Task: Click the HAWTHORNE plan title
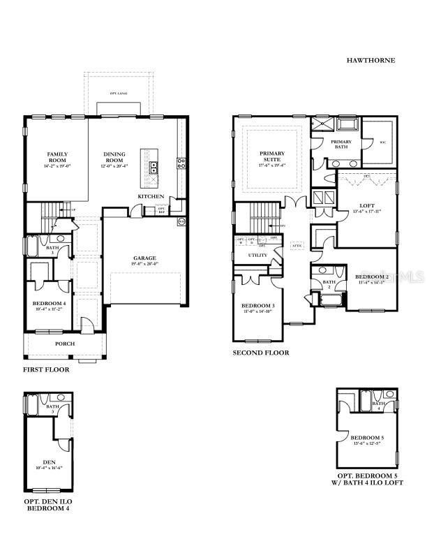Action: pos(370,61)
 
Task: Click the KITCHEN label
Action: pos(151,197)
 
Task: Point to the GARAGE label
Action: pos(144,258)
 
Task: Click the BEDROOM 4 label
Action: pos(48,302)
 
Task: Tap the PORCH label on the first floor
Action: pos(66,344)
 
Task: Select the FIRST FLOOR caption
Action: pos(46,369)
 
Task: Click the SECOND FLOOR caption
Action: pos(260,353)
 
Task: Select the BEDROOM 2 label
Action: pos(370,276)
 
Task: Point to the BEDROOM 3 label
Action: pos(258,306)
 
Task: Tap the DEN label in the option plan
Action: pos(48,462)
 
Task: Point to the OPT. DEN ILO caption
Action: pos(48,501)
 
